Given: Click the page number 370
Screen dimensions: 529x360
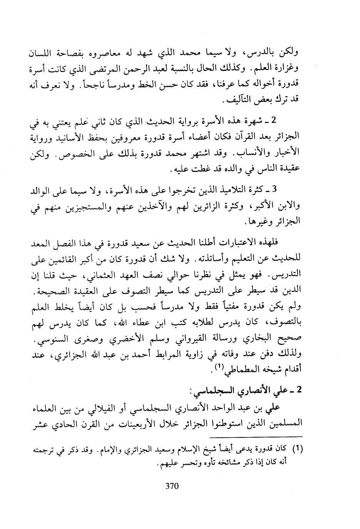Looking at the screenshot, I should pyautogui.click(x=172, y=486).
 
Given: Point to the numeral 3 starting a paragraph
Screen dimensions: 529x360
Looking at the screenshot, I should pyautogui.click(x=274, y=189).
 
